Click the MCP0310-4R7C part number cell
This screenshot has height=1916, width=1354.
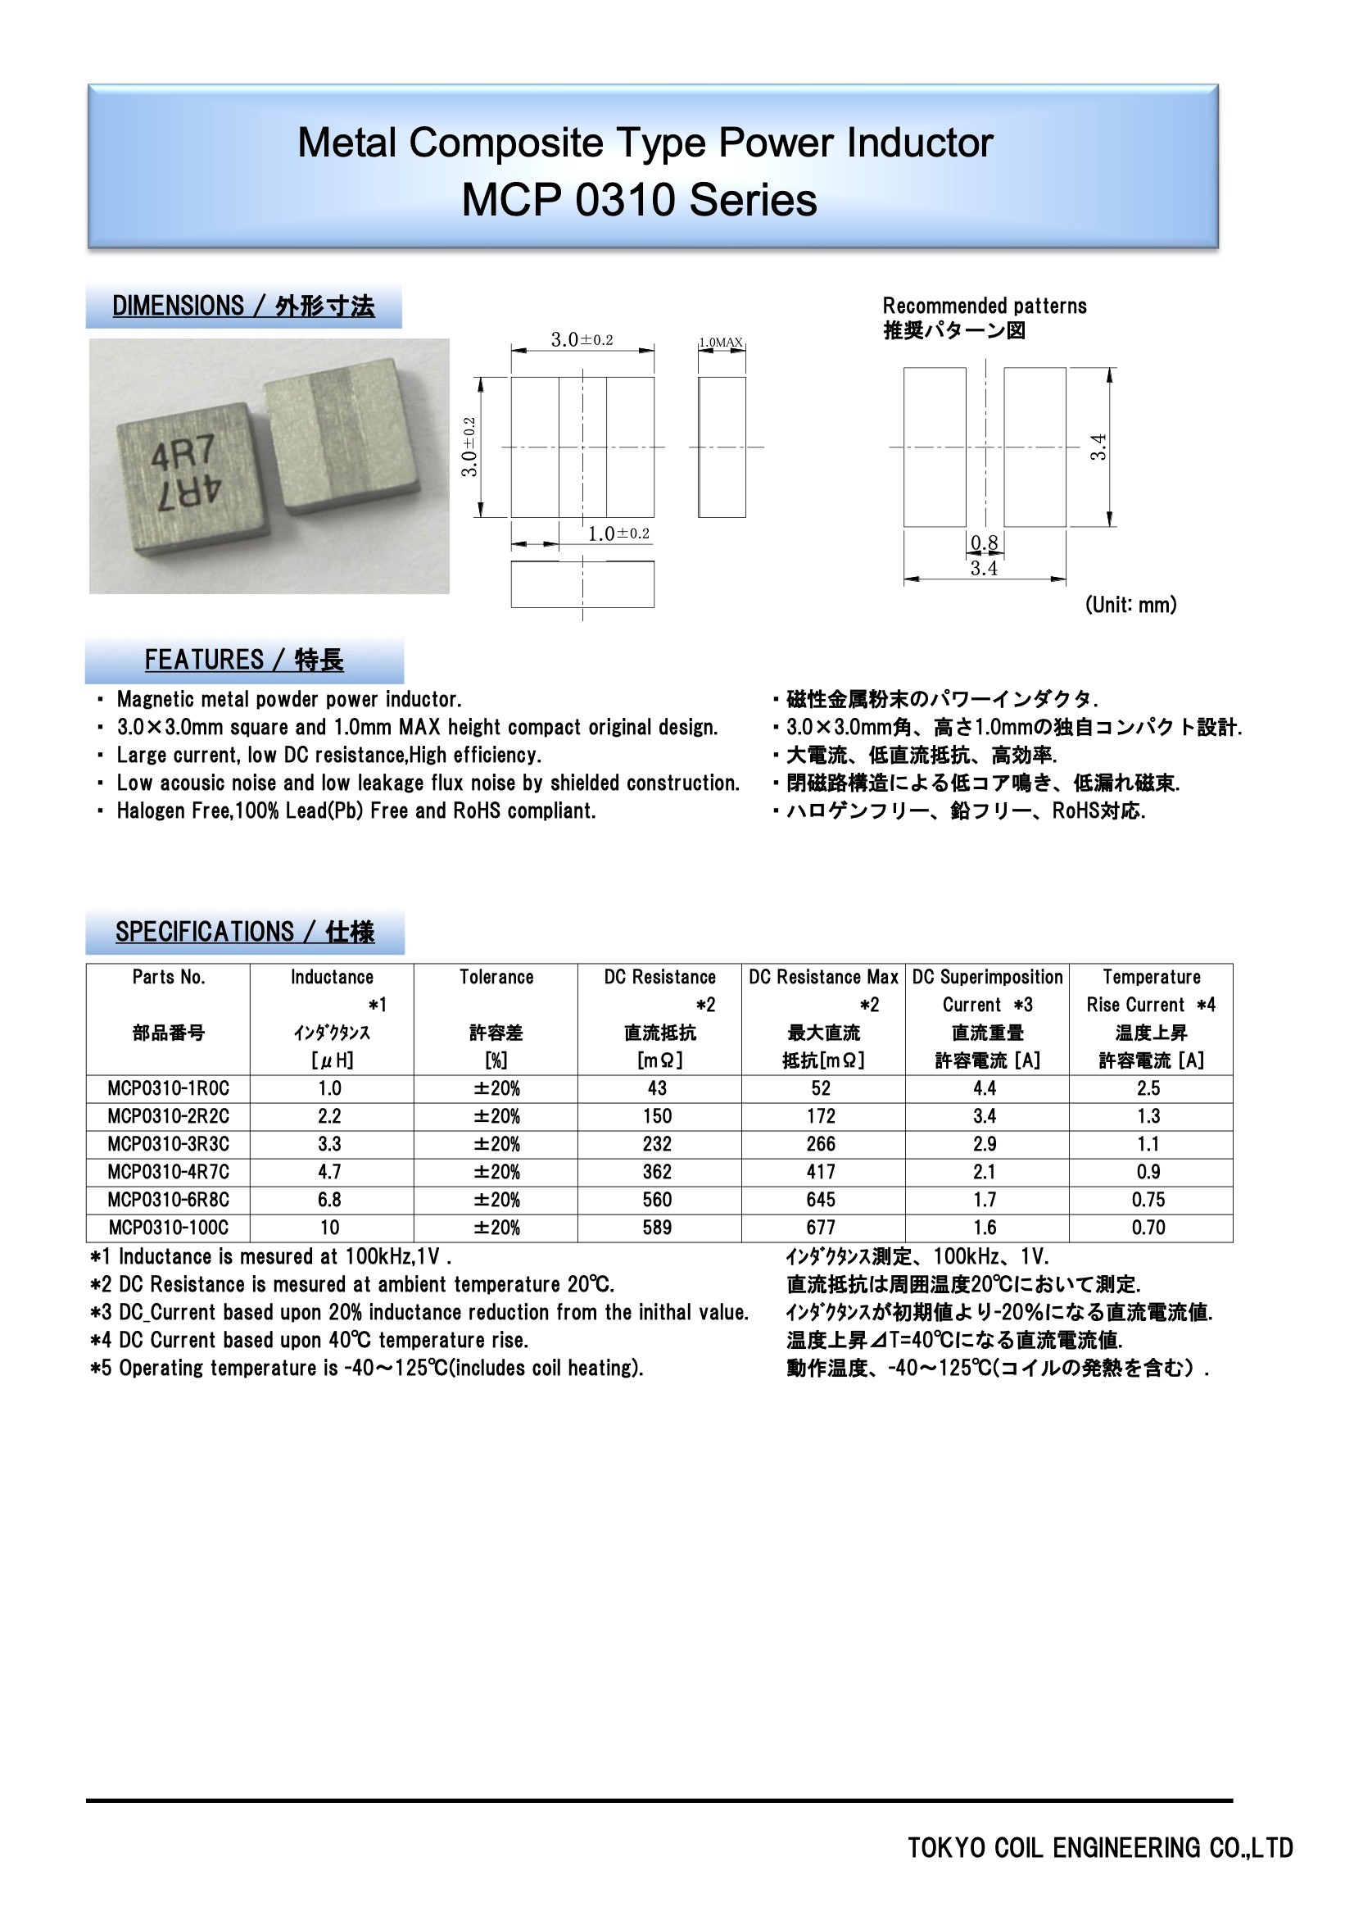168,1172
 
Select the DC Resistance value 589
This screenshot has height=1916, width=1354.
658,1228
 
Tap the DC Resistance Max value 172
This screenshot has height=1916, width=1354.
821,1115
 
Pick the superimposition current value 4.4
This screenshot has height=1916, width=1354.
985,1088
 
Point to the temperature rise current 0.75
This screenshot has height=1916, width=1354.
1148,1199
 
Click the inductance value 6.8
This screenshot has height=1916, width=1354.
329,1199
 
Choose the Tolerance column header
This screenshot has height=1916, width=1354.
496,977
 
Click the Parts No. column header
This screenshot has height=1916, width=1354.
169,977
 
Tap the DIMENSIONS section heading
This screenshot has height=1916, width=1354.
243,306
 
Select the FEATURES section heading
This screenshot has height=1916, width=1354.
243,660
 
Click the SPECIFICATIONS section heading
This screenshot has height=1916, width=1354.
244,931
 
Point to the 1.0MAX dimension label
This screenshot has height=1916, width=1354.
721,343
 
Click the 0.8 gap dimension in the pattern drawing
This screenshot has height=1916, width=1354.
985,543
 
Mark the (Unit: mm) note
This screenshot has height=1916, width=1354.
1130,605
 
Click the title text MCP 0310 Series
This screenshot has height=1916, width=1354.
639,200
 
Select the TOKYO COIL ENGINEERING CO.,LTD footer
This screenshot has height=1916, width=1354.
1099,1847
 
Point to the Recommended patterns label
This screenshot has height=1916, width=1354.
985,306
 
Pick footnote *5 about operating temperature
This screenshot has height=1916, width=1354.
367,1368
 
